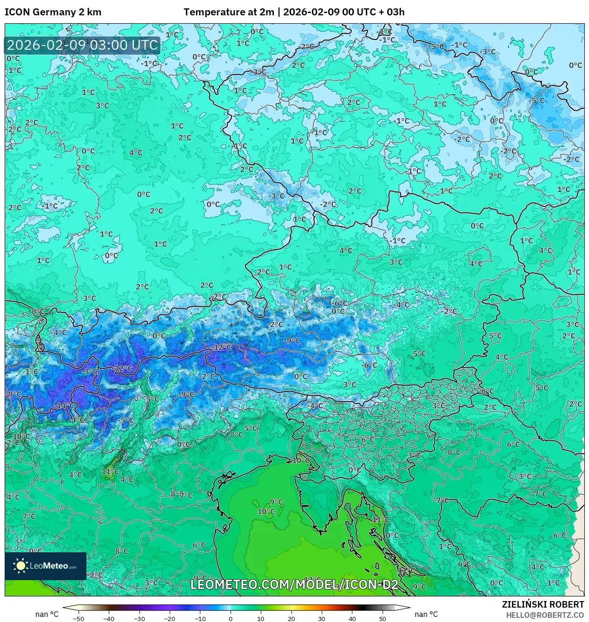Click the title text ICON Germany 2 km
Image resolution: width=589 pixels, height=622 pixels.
(53, 12)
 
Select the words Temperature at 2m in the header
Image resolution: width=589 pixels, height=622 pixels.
(229, 12)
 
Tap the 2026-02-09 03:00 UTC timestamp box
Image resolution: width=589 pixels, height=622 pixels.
(82, 46)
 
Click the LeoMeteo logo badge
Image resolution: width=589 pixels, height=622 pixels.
(46, 566)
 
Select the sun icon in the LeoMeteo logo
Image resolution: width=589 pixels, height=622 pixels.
(20, 565)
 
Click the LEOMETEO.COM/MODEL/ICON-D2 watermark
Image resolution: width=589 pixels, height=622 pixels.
(294, 584)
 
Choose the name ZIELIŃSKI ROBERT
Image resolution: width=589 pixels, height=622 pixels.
(543, 604)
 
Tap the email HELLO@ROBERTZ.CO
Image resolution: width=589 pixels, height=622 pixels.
(545, 615)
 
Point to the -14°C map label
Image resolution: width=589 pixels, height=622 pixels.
(64, 405)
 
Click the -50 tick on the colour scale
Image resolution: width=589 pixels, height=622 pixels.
(79, 618)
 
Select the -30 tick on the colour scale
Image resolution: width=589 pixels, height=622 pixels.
(139, 618)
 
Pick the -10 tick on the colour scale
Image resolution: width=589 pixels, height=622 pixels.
(200, 618)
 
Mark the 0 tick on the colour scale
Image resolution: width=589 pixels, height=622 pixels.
(231, 618)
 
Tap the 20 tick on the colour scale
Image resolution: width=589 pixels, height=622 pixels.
(291, 618)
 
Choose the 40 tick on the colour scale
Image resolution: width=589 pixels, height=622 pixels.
(352, 618)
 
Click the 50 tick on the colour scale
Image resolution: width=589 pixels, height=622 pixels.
(382, 618)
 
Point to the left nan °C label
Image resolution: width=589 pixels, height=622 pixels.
(47, 614)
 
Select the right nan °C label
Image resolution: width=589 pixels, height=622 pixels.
(426, 614)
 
